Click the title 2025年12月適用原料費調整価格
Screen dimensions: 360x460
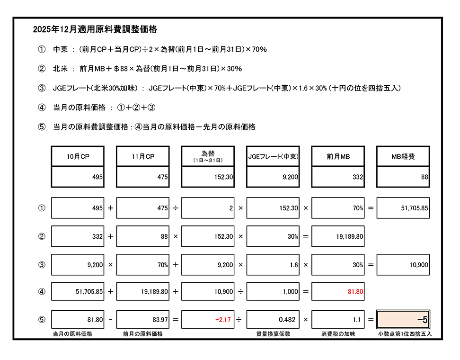point(95,29)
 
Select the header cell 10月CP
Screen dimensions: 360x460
point(78,156)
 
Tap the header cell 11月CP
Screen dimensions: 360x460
point(142,156)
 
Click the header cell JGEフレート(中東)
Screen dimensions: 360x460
point(273,156)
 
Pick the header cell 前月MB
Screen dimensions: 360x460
point(338,156)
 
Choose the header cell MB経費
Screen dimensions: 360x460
point(403,156)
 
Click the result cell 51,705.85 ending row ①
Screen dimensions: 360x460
point(403,208)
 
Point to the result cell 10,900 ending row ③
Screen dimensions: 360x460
point(403,265)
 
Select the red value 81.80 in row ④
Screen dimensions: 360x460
point(338,292)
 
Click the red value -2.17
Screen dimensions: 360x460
point(208,320)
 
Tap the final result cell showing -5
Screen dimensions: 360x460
point(403,320)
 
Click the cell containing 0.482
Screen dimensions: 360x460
point(273,320)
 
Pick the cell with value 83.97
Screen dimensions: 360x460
point(142,320)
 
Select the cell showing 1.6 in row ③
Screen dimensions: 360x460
point(273,265)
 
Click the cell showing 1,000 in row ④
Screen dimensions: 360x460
point(273,292)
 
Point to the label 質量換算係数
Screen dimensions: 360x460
point(273,334)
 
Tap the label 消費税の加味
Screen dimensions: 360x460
point(338,334)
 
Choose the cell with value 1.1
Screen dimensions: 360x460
point(338,320)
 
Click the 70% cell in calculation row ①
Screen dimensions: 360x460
point(338,208)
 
